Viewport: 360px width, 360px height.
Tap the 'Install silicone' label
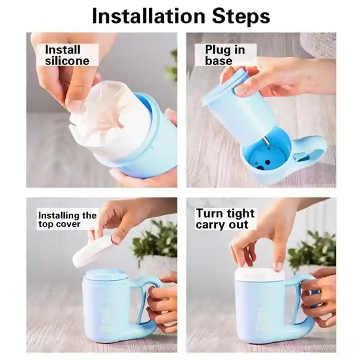[67, 55]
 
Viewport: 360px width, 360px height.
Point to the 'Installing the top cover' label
[67, 219]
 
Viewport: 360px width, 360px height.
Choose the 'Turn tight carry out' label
[225, 219]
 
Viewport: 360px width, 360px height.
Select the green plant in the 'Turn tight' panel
[312, 252]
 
